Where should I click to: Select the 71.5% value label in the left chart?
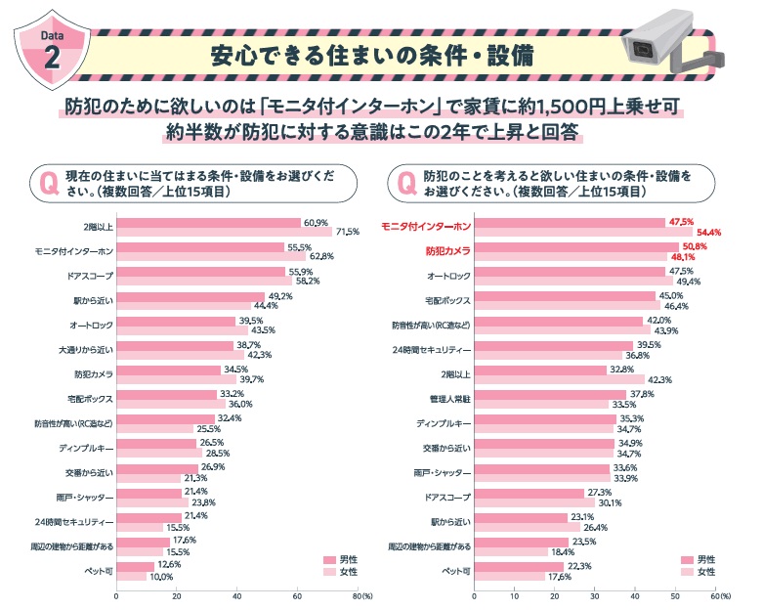point(348,232)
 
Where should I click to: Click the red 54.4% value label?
point(707,232)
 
